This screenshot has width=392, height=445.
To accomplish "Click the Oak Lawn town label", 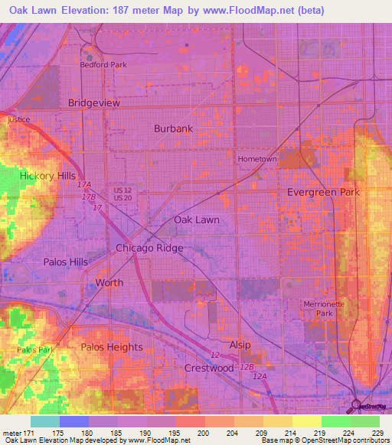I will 197,219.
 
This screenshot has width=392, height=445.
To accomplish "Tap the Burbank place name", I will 173,128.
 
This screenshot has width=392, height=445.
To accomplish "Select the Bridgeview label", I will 94,102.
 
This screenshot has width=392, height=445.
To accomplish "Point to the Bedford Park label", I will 104,65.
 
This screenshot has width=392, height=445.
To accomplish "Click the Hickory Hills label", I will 47,176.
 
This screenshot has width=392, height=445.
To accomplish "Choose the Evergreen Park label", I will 323,193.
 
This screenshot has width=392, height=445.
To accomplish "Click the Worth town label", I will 109,283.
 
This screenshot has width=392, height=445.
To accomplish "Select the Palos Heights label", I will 112,347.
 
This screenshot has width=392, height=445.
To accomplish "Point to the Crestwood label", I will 209,368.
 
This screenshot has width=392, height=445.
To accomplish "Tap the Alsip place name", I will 240,346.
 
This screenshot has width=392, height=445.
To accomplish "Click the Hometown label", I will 256,159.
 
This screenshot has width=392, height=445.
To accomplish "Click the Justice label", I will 18,120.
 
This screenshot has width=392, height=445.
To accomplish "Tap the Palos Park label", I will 35,349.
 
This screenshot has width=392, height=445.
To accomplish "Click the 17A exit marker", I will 84,186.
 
